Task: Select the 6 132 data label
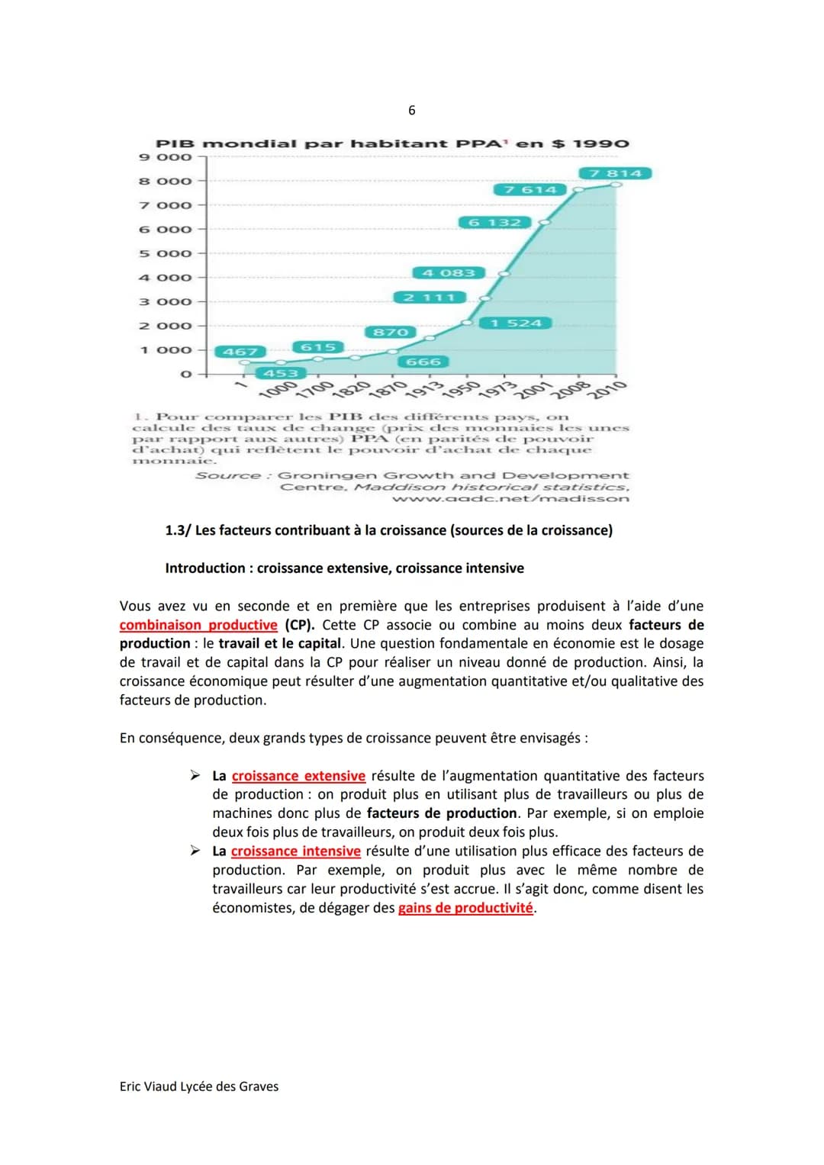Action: click(494, 222)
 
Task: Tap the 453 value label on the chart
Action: click(281, 373)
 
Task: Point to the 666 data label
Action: click(423, 362)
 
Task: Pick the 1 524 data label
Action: click(515, 323)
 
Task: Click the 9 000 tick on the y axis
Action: click(166, 157)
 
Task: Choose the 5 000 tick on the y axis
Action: click(166, 253)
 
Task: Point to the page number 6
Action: click(412, 111)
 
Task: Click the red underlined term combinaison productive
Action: click(198, 625)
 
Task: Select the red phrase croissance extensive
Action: click(298, 776)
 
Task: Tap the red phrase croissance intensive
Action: click(296, 851)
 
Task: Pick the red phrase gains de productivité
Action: click(465, 908)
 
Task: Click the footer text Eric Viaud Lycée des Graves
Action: click(199, 1086)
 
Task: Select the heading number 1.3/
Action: click(178, 530)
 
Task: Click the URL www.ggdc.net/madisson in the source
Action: click(510, 499)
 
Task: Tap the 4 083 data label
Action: click(449, 272)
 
